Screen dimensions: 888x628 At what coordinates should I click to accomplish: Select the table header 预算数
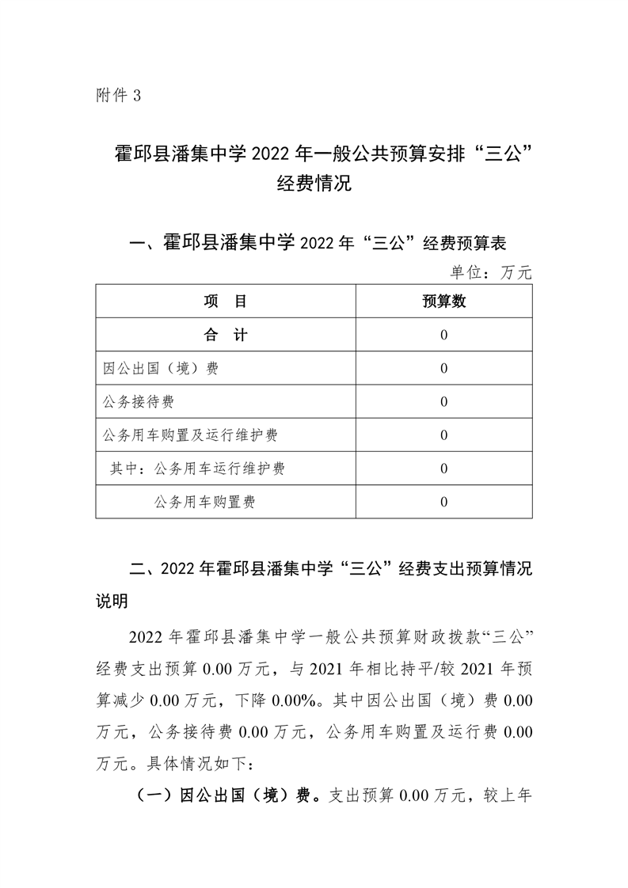pyautogui.click(x=443, y=302)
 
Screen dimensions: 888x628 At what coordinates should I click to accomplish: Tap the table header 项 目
pyautogui.click(x=226, y=302)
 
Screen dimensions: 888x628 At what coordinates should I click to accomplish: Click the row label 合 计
pyautogui.click(x=226, y=335)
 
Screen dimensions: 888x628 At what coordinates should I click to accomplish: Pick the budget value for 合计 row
pyautogui.click(x=443, y=335)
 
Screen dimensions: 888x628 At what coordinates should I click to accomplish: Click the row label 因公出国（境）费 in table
pyautogui.click(x=161, y=368)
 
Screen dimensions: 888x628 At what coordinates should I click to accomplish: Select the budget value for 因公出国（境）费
pyautogui.click(x=443, y=368)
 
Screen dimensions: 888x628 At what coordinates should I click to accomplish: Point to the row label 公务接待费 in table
pyautogui.click(x=139, y=401)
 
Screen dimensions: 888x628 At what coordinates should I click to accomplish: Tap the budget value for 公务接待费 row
pyautogui.click(x=443, y=401)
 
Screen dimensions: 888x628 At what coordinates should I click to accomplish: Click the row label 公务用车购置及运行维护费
pyautogui.click(x=190, y=435)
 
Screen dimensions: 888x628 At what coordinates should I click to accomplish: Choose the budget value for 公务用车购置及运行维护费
pyautogui.click(x=443, y=435)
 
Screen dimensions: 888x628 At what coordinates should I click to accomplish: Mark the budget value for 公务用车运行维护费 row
pyautogui.click(x=443, y=468)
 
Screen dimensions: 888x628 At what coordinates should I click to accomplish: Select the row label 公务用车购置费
pyautogui.click(x=205, y=501)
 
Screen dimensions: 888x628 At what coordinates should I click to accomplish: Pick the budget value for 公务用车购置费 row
pyautogui.click(x=443, y=501)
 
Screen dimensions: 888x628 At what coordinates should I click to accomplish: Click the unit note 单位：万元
pyautogui.click(x=491, y=273)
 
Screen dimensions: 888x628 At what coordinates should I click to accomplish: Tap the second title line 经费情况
pyautogui.click(x=314, y=186)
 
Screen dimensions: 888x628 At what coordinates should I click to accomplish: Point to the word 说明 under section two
pyautogui.click(x=112, y=602)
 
